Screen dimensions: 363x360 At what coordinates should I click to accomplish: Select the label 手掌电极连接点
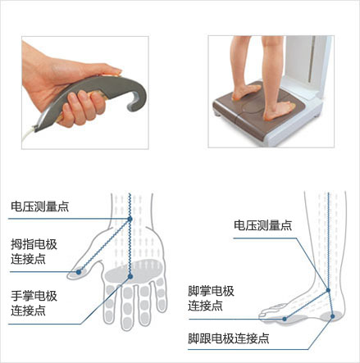34,302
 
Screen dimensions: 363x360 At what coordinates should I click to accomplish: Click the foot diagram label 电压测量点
262,225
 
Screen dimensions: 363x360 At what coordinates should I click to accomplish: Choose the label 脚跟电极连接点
228,338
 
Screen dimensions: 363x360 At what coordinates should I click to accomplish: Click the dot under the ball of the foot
285,316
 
